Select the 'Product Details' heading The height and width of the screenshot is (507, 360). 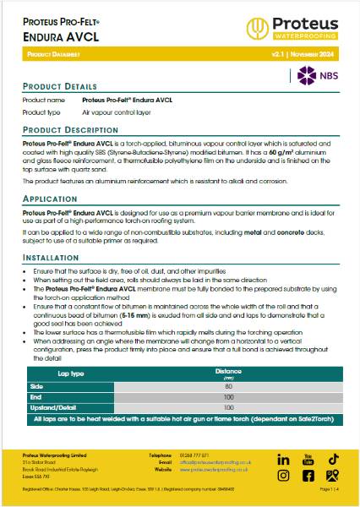[59, 87]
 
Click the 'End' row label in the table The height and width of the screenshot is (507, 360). [35, 396]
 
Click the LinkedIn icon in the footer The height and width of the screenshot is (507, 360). [284, 459]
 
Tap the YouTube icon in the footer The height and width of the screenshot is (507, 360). [308, 459]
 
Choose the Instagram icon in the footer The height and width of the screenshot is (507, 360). [284, 476]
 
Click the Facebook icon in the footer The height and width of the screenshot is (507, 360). [308, 476]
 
